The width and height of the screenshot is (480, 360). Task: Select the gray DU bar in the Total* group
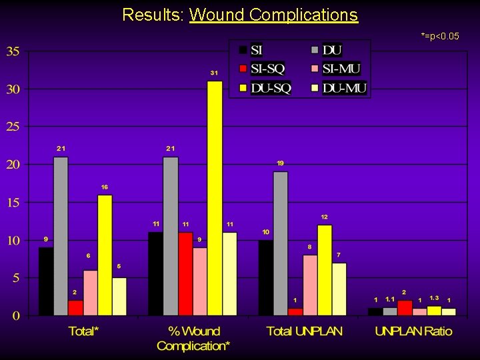point(61,236)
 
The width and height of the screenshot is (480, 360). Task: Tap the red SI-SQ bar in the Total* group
point(75,307)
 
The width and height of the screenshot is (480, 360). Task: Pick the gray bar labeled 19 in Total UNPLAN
point(281,243)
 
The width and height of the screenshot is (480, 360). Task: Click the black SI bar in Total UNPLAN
point(266,277)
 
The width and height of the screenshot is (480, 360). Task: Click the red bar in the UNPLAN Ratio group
point(405,308)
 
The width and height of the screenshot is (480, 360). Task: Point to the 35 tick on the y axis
point(14,51)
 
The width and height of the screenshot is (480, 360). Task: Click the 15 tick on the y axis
point(14,203)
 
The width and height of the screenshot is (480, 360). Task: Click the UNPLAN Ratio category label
point(413,331)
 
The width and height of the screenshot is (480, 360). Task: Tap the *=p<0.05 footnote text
point(439,35)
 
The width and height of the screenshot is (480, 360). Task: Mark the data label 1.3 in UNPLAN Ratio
point(434,297)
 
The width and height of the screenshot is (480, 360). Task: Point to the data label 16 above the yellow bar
point(105,187)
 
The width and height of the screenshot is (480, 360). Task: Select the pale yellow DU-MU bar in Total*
point(119,296)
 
